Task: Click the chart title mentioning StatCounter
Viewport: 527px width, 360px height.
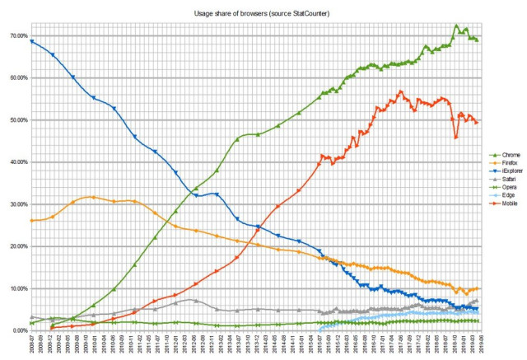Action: tap(263, 14)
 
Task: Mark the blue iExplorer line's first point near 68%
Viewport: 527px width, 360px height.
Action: tap(32, 41)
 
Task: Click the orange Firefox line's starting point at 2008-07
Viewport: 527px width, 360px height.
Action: tap(32, 221)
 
